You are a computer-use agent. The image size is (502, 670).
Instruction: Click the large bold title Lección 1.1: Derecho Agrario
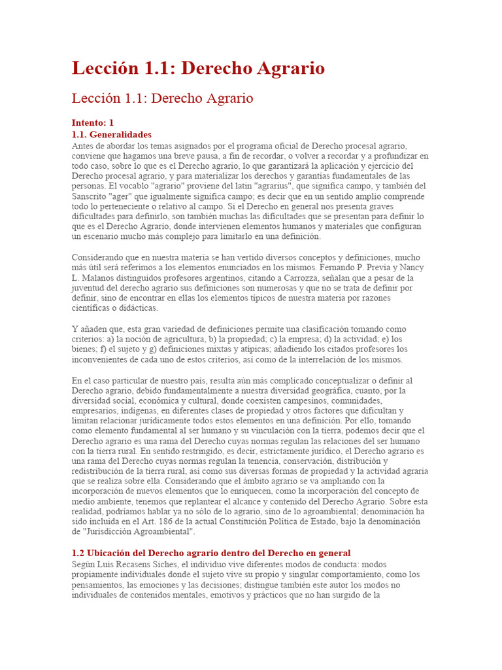coord(198,69)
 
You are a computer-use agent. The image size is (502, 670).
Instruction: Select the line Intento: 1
coord(93,122)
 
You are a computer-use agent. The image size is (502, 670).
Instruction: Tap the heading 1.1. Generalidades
coord(111,134)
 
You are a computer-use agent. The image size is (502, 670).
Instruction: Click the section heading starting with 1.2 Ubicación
coord(211,553)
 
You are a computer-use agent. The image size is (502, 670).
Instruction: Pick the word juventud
coord(90,289)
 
